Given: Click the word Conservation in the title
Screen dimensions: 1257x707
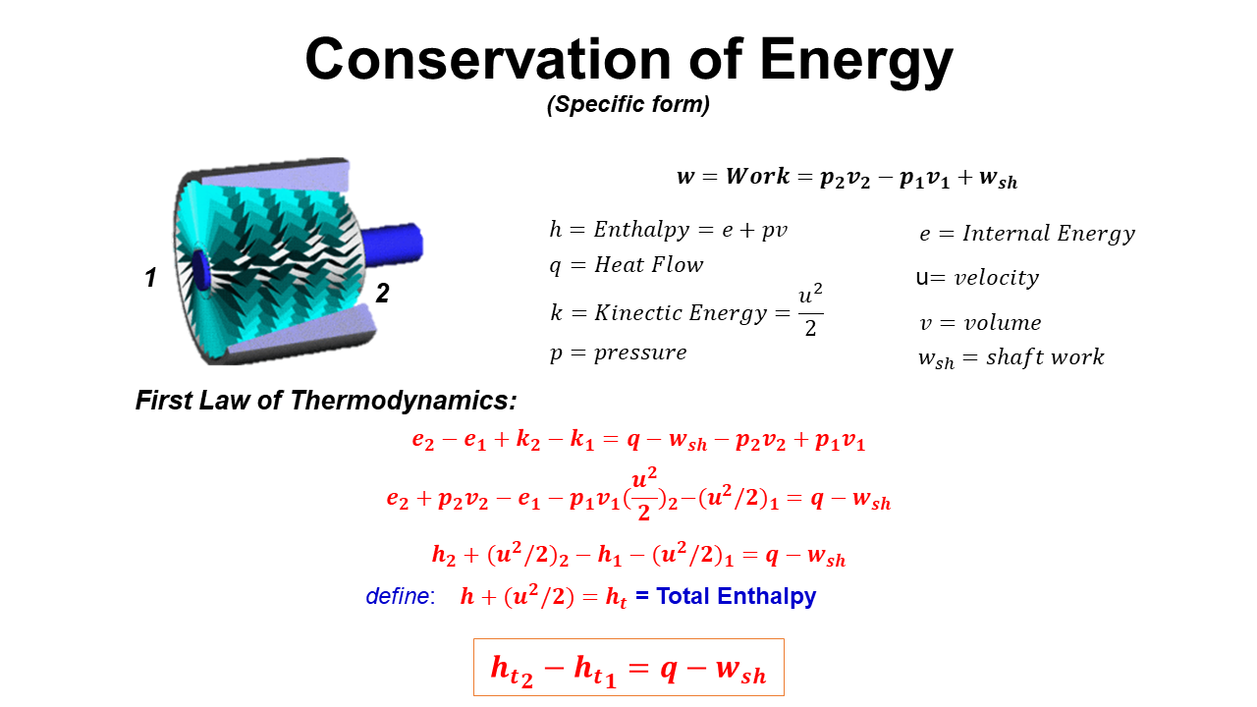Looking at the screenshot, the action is (488, 60).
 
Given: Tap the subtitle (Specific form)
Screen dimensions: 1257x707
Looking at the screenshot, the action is (628, 104).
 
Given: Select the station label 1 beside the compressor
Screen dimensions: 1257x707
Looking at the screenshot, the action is (150, 277).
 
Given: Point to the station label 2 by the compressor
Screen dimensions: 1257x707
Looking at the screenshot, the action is (382, 293).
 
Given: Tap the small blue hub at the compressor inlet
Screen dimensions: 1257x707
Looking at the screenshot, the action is (200, 270).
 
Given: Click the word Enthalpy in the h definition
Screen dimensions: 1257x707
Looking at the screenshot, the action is (641, 230).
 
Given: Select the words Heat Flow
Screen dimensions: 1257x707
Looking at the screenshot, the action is (649, 265).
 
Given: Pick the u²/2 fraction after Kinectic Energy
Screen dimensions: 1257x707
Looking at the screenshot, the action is (810, 310).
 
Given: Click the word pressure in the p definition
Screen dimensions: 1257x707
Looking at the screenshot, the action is (640, 353).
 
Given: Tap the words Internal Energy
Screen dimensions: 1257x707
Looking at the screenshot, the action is (1049, 234).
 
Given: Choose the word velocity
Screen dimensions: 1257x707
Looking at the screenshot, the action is (997, 278).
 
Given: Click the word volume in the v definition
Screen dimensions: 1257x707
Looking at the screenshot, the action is (1003, 323).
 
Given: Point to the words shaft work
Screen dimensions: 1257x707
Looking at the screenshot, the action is (1046, 357).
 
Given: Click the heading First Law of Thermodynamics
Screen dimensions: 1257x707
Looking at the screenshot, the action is (326, 401).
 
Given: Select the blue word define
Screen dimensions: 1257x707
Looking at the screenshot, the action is (400, 596).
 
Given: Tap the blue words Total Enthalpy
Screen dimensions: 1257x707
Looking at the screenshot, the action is (737, 597).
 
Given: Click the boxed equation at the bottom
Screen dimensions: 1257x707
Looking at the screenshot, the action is (628, 667).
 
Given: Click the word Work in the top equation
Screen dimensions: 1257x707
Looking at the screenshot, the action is (757, 176).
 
